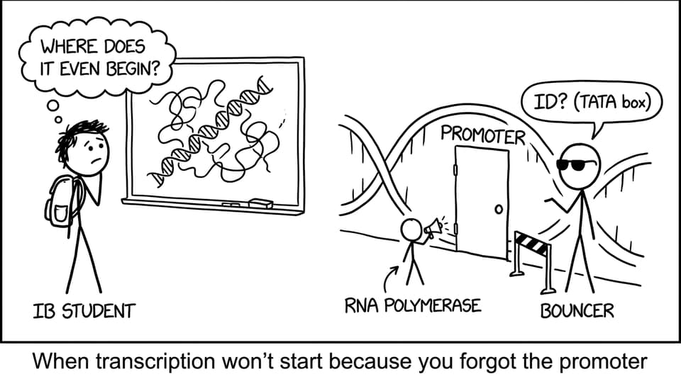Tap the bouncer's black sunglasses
click(573, 165)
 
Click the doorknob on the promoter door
click(499, 210)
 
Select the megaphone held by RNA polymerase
click(433, 228)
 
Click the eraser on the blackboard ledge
click(260, 203)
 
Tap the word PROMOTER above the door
click(482, 135)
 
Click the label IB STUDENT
click(84, 312)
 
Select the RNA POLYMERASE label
click(413, 305)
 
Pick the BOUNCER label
click(577, 310)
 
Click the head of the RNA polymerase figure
click(411, 230)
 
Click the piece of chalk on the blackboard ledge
click(231, 204)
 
